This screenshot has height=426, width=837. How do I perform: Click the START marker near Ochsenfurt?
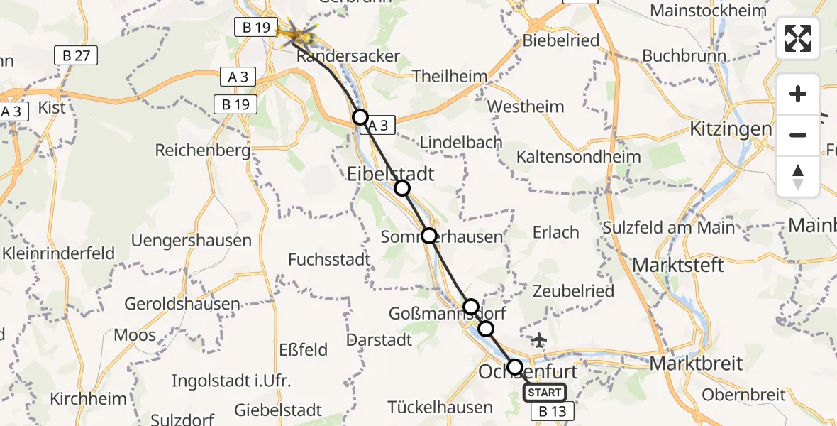545,393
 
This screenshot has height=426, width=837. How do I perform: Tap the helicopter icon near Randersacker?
297,33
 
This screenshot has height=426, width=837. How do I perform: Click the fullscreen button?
798,38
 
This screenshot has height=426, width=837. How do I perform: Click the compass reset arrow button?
798,177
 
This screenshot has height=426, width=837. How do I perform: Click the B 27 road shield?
76,55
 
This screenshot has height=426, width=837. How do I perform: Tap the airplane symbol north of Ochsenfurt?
539,341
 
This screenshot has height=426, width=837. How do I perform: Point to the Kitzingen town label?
731,129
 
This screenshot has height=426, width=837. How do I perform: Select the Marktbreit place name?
696,364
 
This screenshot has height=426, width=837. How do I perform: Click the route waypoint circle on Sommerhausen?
429,236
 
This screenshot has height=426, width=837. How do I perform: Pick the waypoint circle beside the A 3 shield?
361,117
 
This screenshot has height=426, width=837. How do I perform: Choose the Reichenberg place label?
203,151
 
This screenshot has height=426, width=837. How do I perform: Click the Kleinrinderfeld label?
57,253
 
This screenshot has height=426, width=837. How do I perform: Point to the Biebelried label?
560,40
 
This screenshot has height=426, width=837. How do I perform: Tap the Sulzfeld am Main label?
669,228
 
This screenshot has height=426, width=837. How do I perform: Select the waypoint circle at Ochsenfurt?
515,367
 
